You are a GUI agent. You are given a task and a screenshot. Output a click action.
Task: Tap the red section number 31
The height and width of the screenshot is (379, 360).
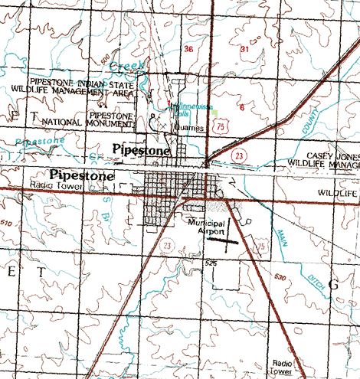244,48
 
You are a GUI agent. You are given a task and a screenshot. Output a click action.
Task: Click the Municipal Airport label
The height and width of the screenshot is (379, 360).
207,225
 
